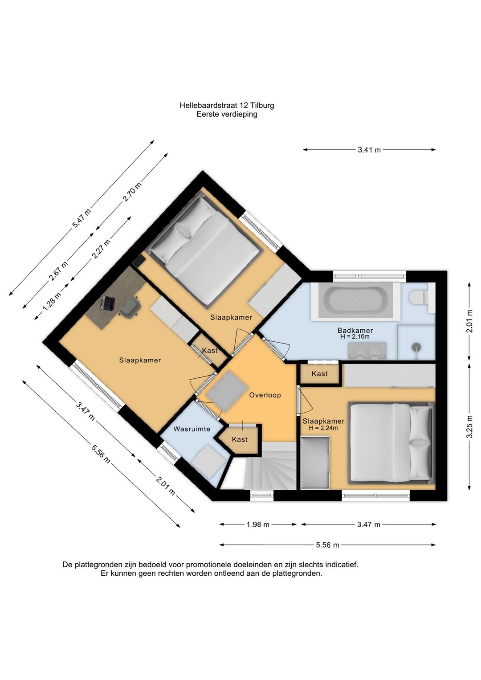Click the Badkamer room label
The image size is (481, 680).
pyautogui.click(x=355, y=330)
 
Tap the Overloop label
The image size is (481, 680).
pyautogui.click(x=265, y=395)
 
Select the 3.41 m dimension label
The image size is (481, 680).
pyautogui.click(x=369, y=150)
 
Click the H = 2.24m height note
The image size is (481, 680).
pyautogui.click(x=323, y=428)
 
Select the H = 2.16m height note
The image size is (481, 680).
pyautogui.click(x=355, y=336)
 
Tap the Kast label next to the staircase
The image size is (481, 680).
pyautogui.click(x=240, y=439)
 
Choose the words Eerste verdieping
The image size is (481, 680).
pyautogui.click(x=227, y=114)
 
